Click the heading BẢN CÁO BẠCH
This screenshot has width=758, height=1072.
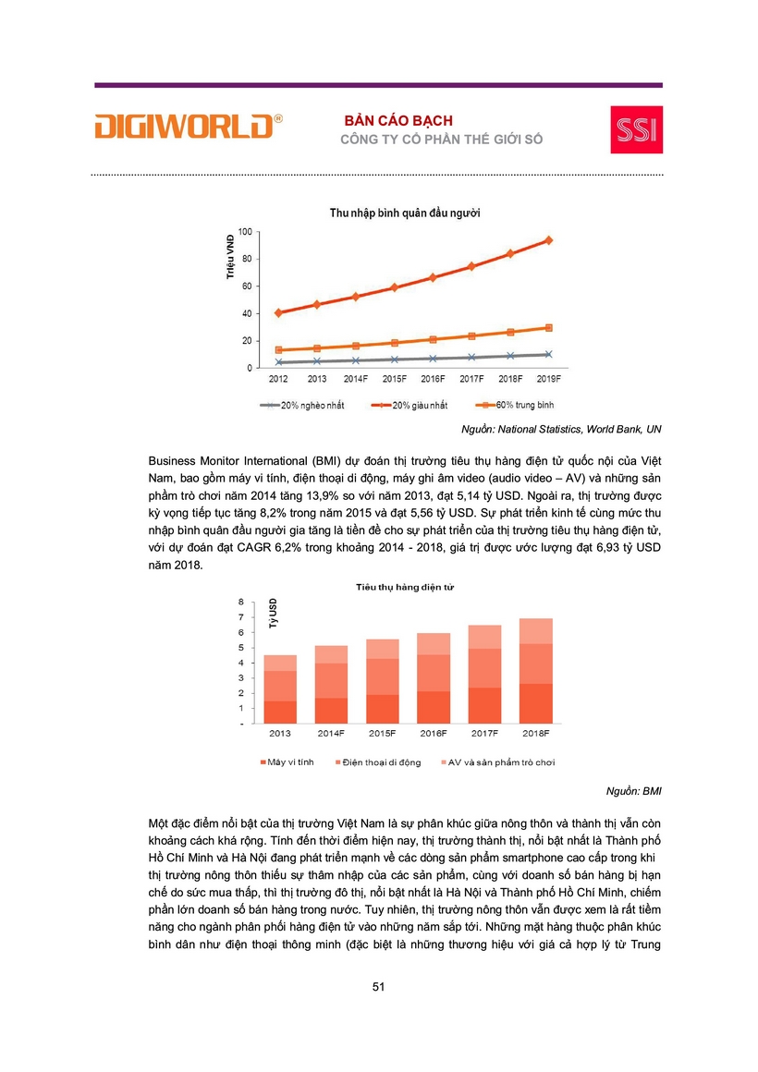tap(398, 121)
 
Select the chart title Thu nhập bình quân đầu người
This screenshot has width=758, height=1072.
tap(405, 213)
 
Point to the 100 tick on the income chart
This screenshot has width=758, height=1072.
tap(245, 230)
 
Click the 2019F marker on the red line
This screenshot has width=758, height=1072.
tap(548, 240)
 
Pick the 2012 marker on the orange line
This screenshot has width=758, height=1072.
tap(278, 350)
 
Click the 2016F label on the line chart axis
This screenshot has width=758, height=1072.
tap(433, 379)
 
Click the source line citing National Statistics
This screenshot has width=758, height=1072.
tap(561, 429)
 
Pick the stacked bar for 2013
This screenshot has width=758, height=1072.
tap(280, 689)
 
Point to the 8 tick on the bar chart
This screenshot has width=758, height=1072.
tap(241, 602)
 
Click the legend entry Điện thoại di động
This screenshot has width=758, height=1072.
tap(381, 762)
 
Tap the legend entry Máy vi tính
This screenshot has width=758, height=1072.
tap(289, 762)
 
